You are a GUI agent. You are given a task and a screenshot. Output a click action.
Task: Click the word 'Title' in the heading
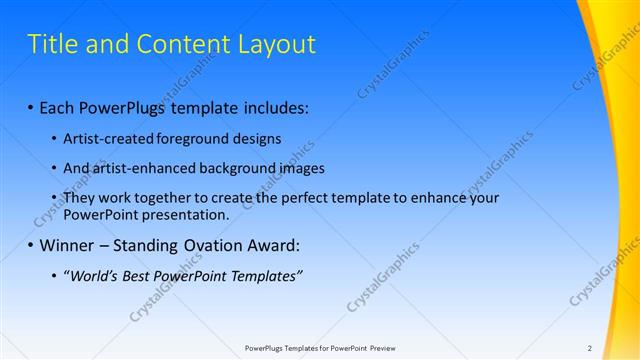click(50, 44)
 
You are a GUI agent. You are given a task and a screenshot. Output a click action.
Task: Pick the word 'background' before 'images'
click(239, 168)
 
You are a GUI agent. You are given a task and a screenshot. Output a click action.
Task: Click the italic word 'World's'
click(93, 276)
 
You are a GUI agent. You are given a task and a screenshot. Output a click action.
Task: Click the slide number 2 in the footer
click(590, 348)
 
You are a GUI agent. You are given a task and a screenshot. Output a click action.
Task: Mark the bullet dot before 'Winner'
click(31, 246)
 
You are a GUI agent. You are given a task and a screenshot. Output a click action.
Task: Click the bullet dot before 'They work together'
click(53, 199)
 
